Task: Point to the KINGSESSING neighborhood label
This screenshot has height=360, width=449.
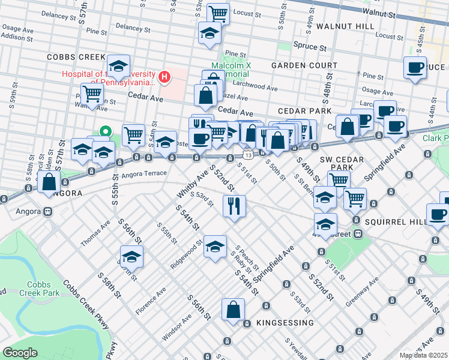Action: [285, 323]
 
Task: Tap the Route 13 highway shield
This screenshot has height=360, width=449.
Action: [247, 155]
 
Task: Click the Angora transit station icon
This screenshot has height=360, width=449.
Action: [46, 212]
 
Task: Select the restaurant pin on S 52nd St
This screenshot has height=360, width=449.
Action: [234, 205]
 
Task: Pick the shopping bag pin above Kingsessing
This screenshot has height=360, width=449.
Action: [234, 310]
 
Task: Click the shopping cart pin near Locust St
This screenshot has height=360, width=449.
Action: [218, 13]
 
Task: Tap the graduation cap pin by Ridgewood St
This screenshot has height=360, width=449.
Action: [215, 247]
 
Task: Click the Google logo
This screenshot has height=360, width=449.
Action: [20, 353]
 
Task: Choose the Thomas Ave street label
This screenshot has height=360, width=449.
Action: [96, 233]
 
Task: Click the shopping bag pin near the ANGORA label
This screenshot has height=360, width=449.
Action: [49, 182]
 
